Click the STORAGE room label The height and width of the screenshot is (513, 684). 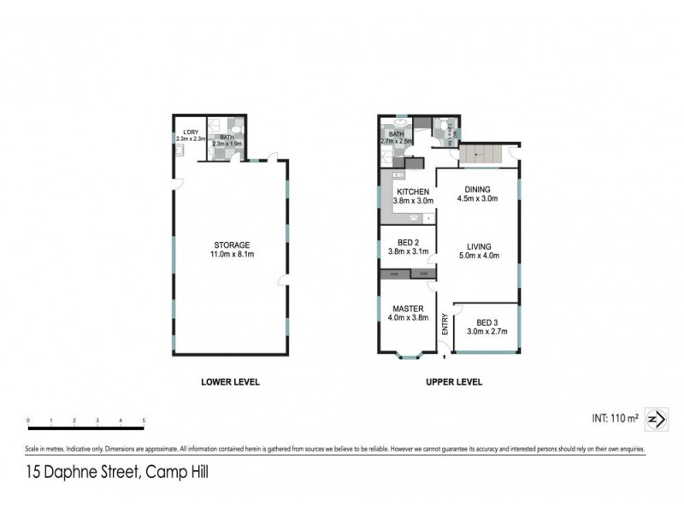tap(231, 245)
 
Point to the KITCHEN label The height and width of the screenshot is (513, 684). tap(413, 192)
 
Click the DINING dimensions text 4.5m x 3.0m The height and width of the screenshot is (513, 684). tap(478, 199)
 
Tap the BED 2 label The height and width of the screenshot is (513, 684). tap(403, 242)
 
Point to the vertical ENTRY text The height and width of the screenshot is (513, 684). tap(445, 325)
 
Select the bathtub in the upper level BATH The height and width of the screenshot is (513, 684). tap(387, 151)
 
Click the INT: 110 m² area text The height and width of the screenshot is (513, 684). tap(615, 418)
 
